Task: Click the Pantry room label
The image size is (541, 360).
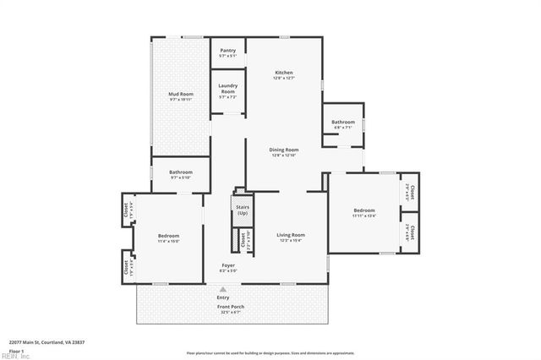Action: (x=227, y=51)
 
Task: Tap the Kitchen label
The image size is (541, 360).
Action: (x=284, y=74)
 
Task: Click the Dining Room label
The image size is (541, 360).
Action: (x=284, y=150)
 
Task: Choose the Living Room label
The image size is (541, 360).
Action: (x=291, y=234)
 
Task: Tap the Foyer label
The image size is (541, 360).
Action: (x=228, y=265)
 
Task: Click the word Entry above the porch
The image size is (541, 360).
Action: (x=223, y=297)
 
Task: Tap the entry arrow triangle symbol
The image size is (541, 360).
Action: (x=223, y=289)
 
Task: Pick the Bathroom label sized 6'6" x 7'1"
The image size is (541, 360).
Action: (x=343, y=123)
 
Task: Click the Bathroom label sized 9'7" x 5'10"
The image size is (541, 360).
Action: (x=181, y=172)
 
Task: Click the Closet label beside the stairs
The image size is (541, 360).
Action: (x=242, y=240)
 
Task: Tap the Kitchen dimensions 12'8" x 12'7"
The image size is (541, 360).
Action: (x=284, y=79)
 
